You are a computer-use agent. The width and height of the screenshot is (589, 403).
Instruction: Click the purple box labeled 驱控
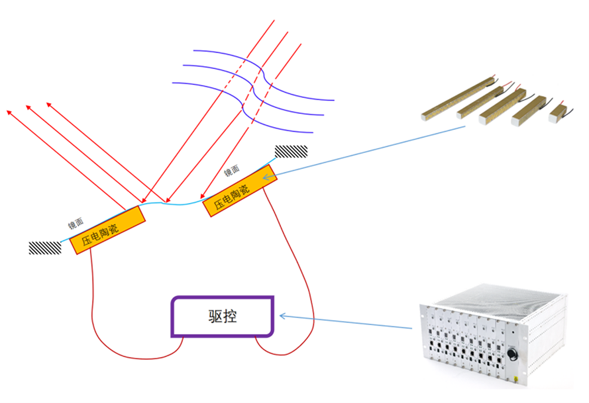223,316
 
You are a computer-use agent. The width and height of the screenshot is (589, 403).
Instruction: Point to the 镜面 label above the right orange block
232,171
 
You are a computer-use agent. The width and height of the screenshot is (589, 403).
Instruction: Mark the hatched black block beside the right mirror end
292,152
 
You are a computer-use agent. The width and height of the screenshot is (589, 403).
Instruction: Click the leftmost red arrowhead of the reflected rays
8,111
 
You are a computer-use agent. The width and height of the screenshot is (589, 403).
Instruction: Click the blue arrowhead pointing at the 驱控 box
282,316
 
